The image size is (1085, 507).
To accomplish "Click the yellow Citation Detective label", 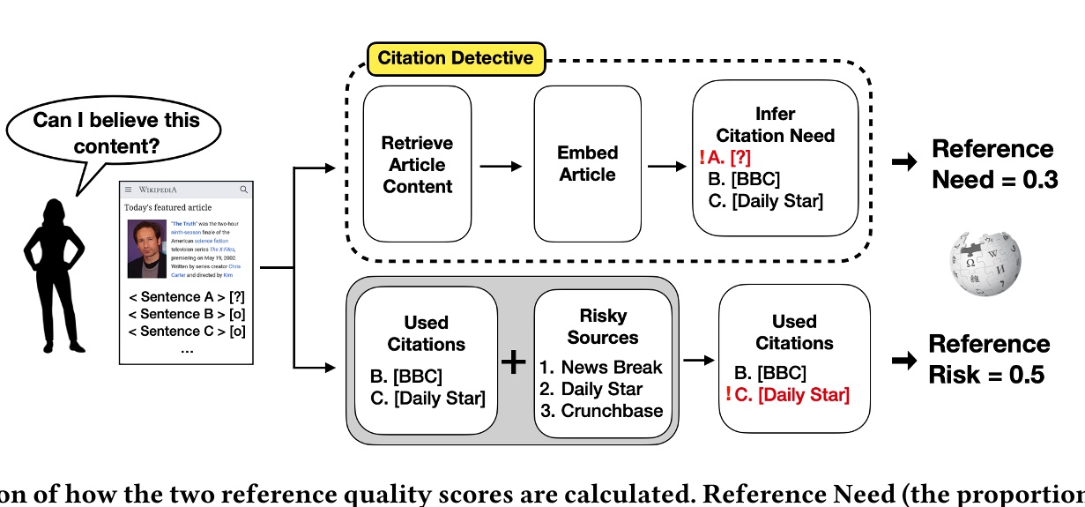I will pyautogui.click(x=456, y=59).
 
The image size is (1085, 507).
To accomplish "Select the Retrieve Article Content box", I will pyautogui.click(x=417, y=164).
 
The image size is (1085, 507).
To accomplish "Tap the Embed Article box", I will pyautogui.click(x=587, y=163).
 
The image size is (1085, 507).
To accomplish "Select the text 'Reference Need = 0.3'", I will pyautogui.click(x=994, y=164).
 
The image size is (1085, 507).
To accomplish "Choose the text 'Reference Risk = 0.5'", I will pyautogui.click(x=989, y=359).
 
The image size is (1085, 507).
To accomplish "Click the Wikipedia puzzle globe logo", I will pyautogui.click(x=985, y=262).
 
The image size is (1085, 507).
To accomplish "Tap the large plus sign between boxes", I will pyautogui.click(x=513, y=362).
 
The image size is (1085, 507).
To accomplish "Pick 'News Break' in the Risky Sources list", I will pyautogui.click(x=612, y=367).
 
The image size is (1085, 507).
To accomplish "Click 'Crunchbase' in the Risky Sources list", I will pyautogui.click(x=613, y=411).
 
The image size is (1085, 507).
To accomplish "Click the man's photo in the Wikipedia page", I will pyautogui.click(x=146, y=250).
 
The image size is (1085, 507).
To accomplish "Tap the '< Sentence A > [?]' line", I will pyautogui.click(x=186, y=295).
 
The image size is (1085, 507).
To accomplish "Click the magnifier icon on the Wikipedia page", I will pyautogui.click(x=244, y=190).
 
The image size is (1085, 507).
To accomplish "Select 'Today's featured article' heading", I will pyautogui.click(x=167, y=207).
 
